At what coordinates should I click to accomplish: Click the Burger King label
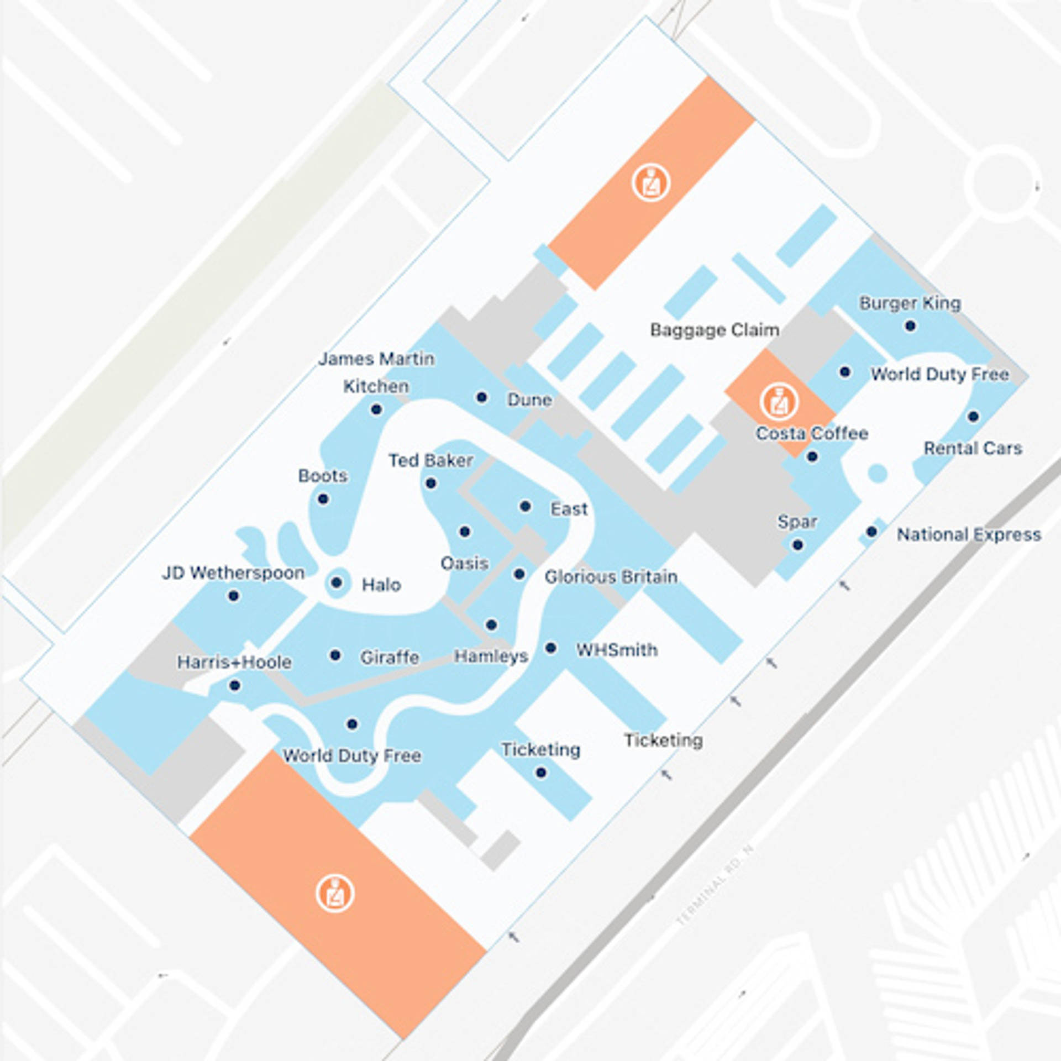(x=910, y=303)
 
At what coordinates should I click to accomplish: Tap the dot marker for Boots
(x=323, y=500)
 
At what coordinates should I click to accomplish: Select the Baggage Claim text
(x=715, y=330)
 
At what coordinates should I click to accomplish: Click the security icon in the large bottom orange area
(x=335, y=894)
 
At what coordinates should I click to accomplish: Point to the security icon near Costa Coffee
(x=779, y=402)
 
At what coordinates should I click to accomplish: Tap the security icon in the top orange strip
(x=651, y=182)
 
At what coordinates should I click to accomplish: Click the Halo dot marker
(x=336, y=582)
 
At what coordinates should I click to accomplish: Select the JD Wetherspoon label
(x=233, y=573)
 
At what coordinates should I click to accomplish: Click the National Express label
(x=969, y=535)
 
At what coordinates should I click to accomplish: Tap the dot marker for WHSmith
(x=550, y=648)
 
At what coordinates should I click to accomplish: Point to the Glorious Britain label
(x=611, y=577)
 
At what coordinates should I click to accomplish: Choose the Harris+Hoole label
(x=234, y=662)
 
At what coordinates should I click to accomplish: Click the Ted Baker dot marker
(x=431, y=484)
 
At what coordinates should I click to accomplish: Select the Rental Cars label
(x=973, y=448)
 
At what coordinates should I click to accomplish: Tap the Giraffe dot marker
(x=335, y=655)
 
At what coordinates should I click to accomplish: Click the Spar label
(x=797, y=522)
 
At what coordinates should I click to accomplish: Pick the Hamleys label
(x=491, y=656)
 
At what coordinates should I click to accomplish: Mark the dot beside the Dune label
(x=481, y=397)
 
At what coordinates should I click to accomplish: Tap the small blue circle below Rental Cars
(x=878, y=474)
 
